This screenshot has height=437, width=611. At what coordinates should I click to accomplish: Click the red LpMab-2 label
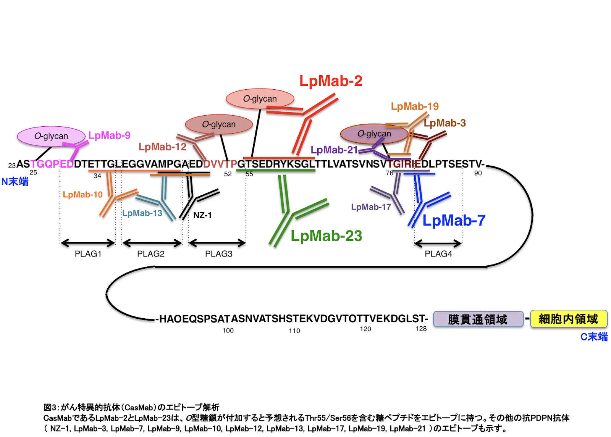point(331,81)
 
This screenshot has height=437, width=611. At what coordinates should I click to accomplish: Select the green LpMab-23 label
point(326,236)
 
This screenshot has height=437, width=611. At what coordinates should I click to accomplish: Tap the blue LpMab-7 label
point(454,221)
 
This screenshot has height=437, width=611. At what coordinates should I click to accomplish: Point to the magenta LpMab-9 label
point(109,135)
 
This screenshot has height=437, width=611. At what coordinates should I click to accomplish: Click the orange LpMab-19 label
point(415,106)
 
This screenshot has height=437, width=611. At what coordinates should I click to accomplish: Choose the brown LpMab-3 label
point(445,123)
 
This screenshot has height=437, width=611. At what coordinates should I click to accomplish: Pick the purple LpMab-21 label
point(334,150)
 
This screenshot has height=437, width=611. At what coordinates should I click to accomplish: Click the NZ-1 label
point(202,215)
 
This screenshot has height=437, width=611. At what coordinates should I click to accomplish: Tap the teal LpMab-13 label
point(142,213)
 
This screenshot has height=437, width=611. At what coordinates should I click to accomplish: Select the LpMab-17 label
point(371,207)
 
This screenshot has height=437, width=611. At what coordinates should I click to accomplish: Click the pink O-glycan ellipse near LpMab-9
point(51,136)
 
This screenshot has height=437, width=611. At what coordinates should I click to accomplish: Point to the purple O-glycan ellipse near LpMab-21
point(374,134)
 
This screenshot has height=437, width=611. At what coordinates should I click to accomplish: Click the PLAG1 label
point(88,254)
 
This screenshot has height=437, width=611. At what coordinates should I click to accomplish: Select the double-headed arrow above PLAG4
point(438,243)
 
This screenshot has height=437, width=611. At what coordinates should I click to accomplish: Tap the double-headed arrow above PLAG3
point(217,243)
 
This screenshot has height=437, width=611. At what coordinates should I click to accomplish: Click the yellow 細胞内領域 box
point(569,319)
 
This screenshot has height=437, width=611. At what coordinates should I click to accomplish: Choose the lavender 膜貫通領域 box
point(478,319)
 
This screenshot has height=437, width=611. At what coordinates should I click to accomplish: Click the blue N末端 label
point(15,182)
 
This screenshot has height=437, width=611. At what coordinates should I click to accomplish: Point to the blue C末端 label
point(594,337)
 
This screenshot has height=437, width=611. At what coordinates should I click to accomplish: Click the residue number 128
point(421,329)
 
